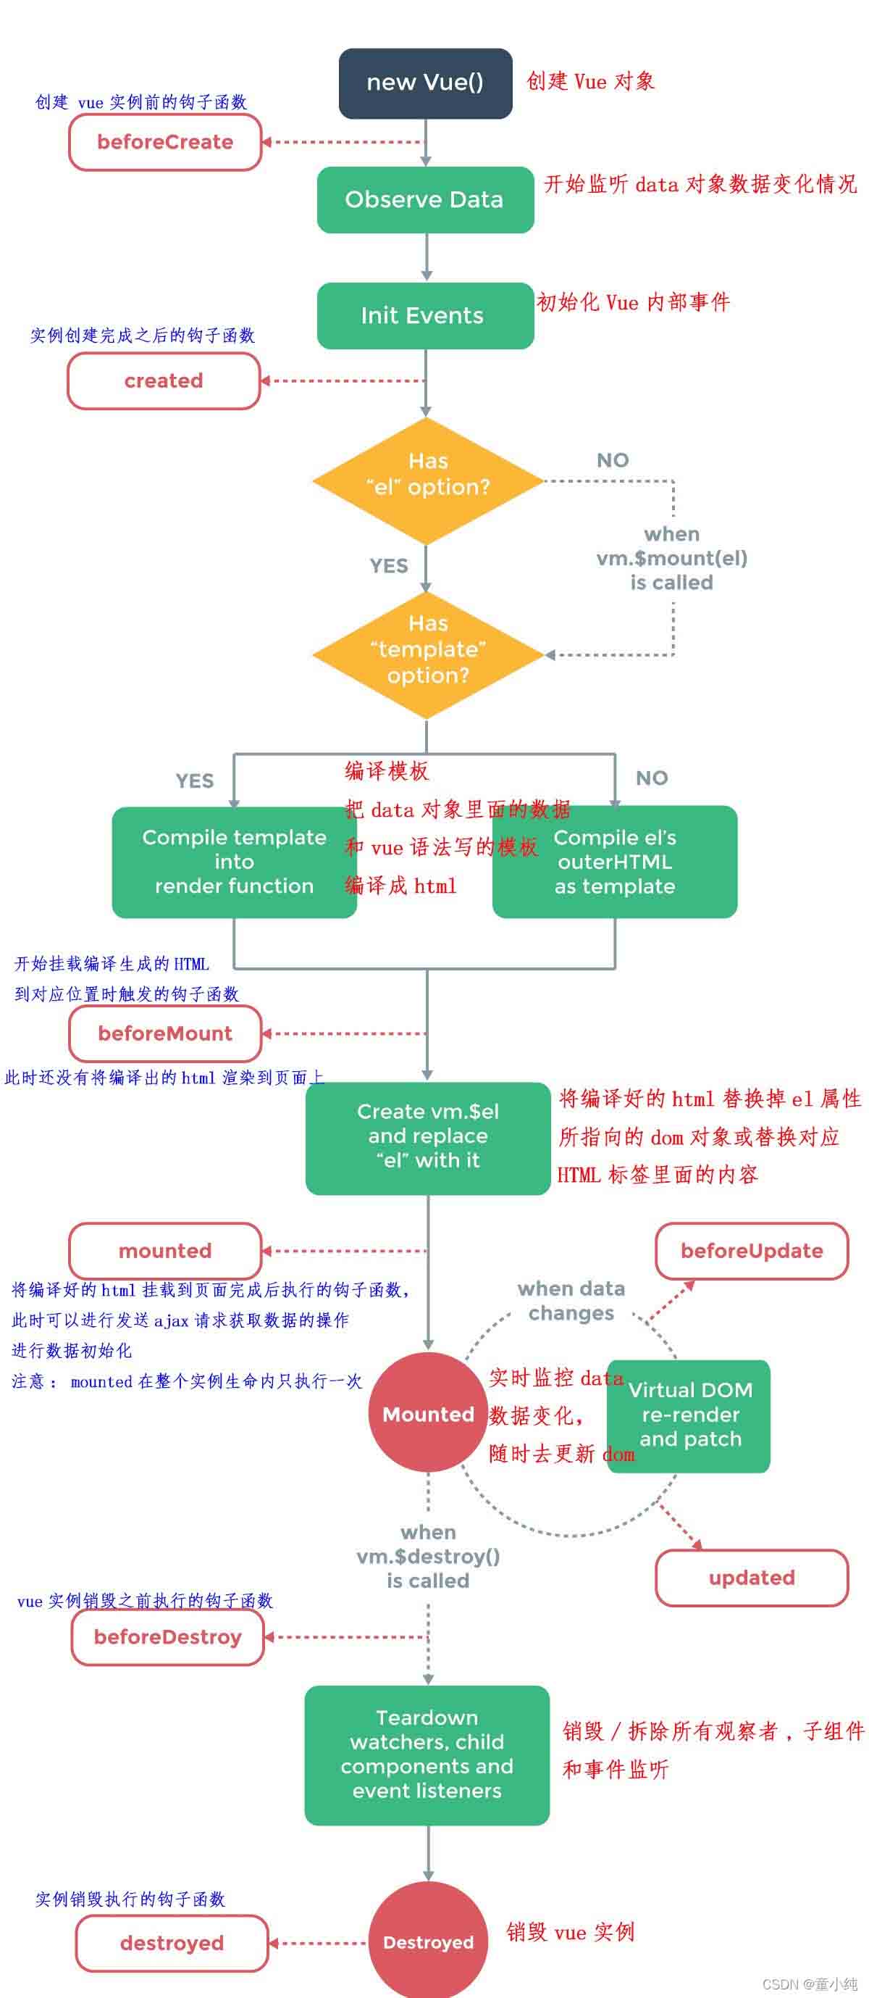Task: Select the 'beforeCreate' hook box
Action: tap(165, 142)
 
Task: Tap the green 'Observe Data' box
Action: tap(425, 199)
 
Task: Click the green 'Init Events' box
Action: tap(425, 315)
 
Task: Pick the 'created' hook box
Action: tap(164, 380)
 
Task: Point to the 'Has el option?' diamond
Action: tap(427, 481)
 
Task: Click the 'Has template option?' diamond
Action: tap(427, 654)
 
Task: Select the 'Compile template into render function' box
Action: tap(233, 862)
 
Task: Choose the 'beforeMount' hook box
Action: tap(165, 1033)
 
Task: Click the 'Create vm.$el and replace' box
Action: tap(428, 1136)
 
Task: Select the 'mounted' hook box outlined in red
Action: tap(165, 1250)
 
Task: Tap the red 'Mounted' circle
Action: tap(428, 1414)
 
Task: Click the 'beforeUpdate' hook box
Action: tap(751, 1250)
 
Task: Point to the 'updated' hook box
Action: tap(751, 1578)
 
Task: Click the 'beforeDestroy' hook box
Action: tap(167, 1636)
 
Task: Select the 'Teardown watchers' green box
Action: tap(427, 1754)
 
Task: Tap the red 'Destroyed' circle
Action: tap(428, 1942)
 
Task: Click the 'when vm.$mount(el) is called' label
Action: tap(671, 559)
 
